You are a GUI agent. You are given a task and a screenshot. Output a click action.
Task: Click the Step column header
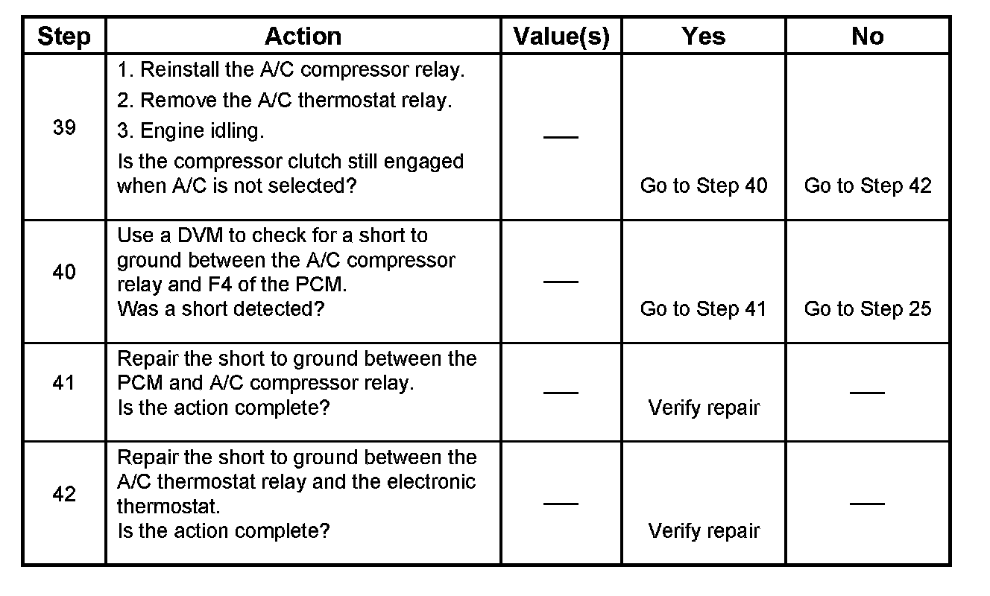click(x=64, y=36)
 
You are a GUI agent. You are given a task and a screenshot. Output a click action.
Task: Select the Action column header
click(x=303, y=36)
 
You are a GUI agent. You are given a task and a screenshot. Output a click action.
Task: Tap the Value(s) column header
click(x=561, y=36)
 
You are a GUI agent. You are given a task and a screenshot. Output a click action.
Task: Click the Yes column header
click(x=703, y=36)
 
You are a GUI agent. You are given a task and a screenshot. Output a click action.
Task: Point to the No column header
click(x=867, y=36)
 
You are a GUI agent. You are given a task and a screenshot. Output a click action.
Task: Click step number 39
click(x=64, y=127)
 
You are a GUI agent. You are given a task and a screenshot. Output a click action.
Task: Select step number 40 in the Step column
click(x=64, y=273)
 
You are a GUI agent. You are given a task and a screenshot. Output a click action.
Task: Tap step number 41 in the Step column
click(x=64, y=383)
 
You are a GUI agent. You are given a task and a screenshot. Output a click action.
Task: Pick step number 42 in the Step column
click(x=64, y=494)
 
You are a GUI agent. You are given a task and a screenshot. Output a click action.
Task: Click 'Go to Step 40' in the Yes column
click(x=703, y=186)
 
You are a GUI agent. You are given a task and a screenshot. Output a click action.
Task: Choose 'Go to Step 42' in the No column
click(x=867, y=186)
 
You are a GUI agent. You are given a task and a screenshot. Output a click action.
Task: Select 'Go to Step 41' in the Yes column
click(x=703, y=308)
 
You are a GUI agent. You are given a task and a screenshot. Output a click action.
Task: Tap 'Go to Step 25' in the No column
click(x=867, y=308)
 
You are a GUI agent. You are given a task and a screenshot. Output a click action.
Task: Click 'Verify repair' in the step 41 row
click(x=703, y=408)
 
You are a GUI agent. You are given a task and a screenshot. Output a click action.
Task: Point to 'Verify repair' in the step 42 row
click(x=703, y=530)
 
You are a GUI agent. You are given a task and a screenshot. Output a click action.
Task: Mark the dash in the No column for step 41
click(x=867, y=392)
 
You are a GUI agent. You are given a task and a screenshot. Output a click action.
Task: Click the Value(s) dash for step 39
click(x=561, y=137)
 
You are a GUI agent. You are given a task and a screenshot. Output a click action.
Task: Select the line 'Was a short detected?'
click(x=221, y=308)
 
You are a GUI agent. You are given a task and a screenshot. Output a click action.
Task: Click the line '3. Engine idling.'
click(x=190, y=131)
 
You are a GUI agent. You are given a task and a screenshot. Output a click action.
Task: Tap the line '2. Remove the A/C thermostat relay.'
click(x=284, y=100)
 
